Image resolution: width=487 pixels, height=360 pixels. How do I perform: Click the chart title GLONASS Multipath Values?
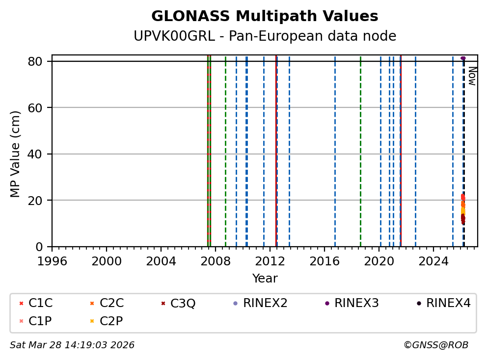pyautogui.click(x=265, y=16)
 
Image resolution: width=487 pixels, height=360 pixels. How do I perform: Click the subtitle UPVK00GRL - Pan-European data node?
pyautogui.click(x=265, y=36)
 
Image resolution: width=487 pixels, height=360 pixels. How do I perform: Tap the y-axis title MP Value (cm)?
pyautogui.click(x=16, y=154)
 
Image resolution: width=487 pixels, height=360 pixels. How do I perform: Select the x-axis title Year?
pyautogui.click(x=265, y=279)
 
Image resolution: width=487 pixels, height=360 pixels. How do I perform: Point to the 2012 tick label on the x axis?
pyautogui.click(x=271, y=260)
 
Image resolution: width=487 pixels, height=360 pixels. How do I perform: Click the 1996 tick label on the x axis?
pyautogui.click(x=53, y=260)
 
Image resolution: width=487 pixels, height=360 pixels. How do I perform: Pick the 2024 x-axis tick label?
pyautogui.click(x=434, y=260)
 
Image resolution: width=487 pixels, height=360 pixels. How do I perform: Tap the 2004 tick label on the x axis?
pyautogui.click(x=162, y=260)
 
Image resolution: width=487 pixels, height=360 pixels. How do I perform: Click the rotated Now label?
pyautogui.click(x=472, y=76)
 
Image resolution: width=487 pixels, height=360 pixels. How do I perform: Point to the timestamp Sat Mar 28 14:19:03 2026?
pyautogui.click(x=72, y=345)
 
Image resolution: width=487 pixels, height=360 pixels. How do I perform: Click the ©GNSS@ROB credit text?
pyautogui.click(x=436, y=345)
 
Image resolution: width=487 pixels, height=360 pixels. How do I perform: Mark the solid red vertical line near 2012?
pyautogui.click(x=276, y=147)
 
